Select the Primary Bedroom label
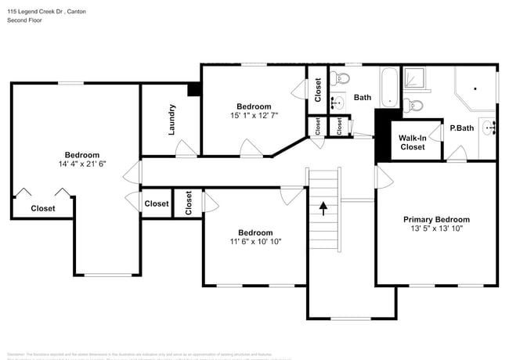point(436,220)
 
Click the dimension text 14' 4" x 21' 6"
point(81,164)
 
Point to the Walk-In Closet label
point(413,142)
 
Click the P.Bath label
point(461,128)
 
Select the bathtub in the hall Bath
point(389,87)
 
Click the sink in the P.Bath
point(488,128)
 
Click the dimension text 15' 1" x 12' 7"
point(254,116)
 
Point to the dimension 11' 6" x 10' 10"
point(255,242)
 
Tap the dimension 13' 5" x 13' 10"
point(436,229)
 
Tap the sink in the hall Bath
point(338,103)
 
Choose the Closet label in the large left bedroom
point(43,208)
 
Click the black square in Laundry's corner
point(193,89)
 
